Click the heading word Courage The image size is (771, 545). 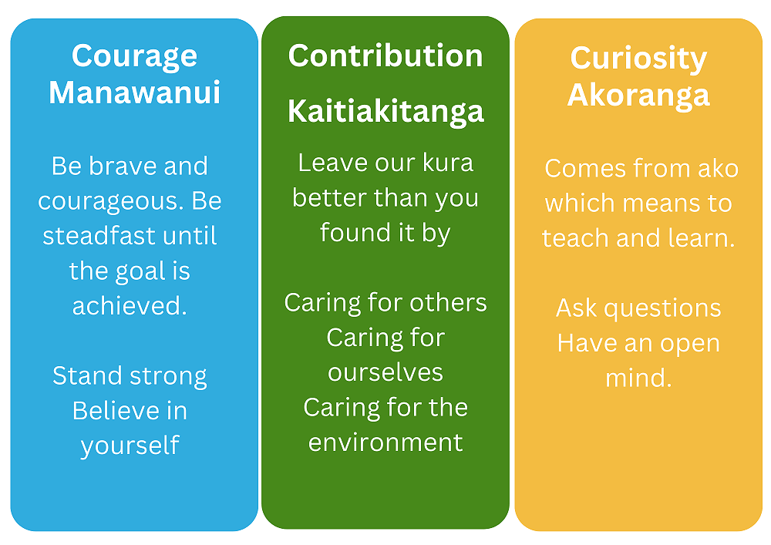coord(134,57)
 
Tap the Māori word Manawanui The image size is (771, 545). coord(134,93)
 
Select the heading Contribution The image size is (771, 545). coord(385,56)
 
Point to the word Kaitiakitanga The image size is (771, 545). coord(385,112)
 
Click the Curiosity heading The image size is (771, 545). coord(638,59)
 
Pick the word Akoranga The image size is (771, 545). coord(638,96)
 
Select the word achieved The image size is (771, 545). coord(130,306)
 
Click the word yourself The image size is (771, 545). coord(130,446)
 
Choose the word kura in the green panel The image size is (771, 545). coord(448,163)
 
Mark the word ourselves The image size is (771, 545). coord(385,372)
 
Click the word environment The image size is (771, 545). coord(385,442)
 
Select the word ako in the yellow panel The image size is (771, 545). coord(719,169)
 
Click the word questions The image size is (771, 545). coord(662,309)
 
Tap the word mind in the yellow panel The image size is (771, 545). coord(638,378)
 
